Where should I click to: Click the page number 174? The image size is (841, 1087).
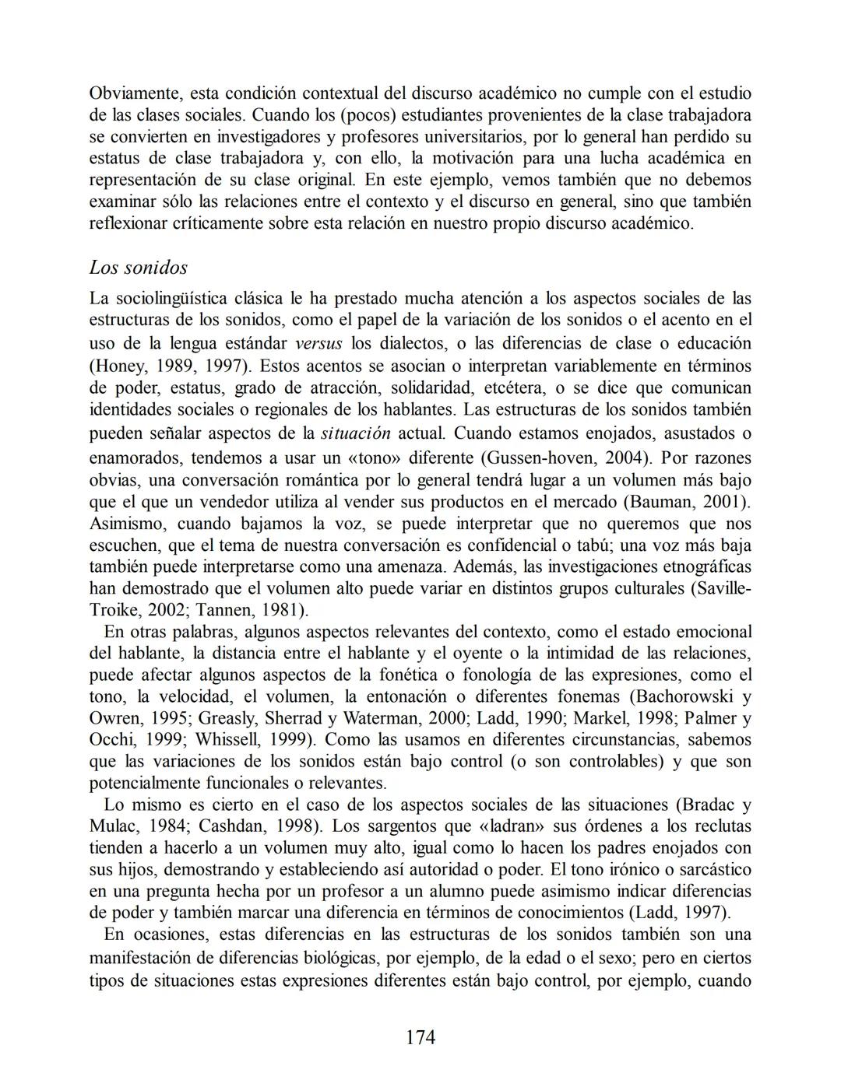[x=420, y=1037]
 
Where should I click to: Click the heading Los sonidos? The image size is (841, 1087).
[x=139, y=268]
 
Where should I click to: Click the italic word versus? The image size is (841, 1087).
[x=318, y=344]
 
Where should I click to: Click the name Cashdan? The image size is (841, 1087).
[x=229, y=826]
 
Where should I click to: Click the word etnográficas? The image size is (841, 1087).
[x=704, y=566]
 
